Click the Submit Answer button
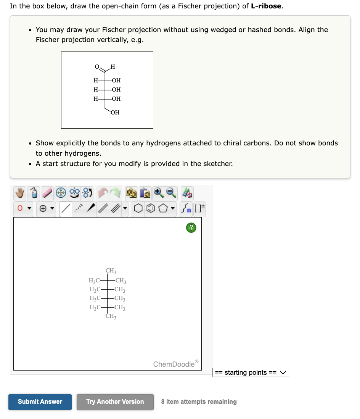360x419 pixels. click(x=40, y=402)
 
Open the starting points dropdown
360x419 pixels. click(x=251, y=372)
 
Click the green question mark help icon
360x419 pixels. click(x=191, y=228)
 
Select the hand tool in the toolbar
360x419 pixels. click(x=20, y=193)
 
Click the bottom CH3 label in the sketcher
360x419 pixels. click(x=111, y=316)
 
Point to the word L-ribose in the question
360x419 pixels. click(x=266, y=6)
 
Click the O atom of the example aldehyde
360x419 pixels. click(x=97, y=67)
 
